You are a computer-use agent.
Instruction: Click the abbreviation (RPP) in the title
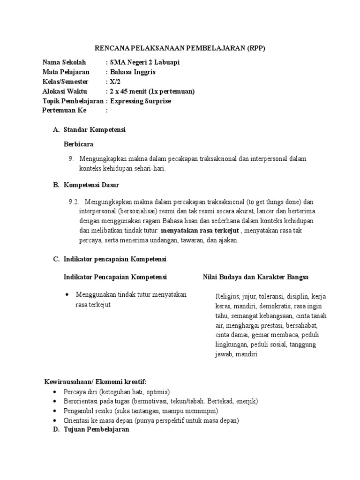click(257, 48)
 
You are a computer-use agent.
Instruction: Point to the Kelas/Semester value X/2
click(115, 82)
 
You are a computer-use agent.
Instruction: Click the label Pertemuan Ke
click(62, 111)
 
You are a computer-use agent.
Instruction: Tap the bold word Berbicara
click(78, 144)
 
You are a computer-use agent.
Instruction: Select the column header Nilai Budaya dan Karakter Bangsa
click(255, 277)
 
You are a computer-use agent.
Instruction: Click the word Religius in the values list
click(227, 296)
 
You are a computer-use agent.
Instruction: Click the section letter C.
click(56, 259)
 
